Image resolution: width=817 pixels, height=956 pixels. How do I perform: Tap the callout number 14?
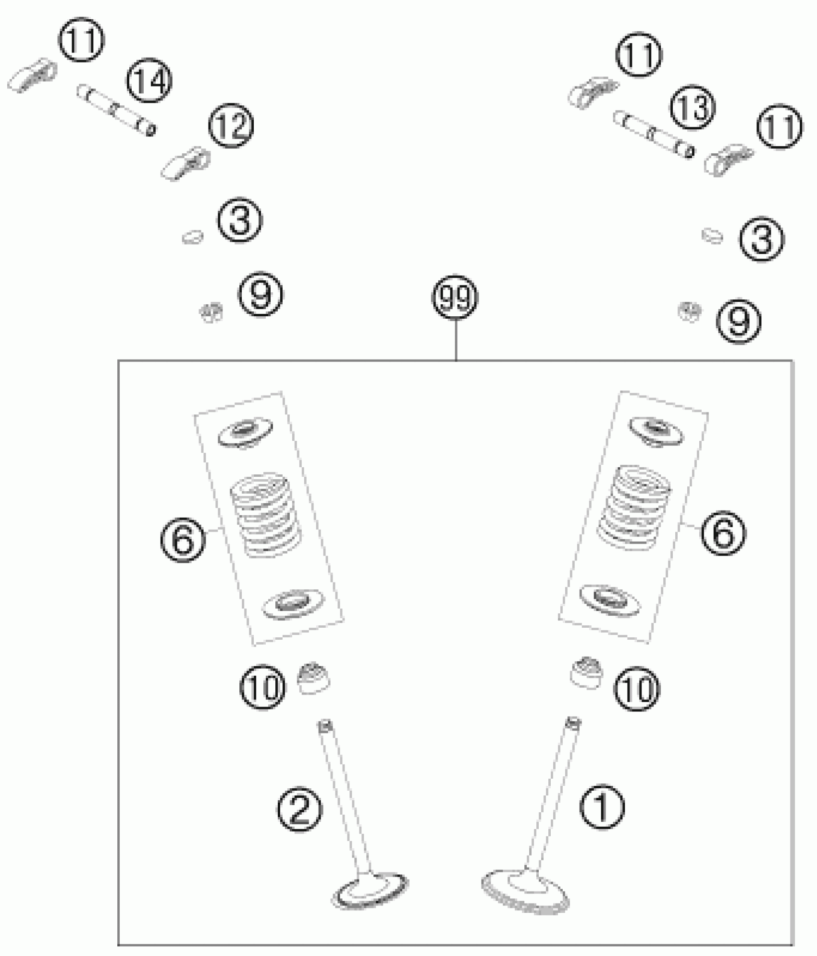coord(149,81)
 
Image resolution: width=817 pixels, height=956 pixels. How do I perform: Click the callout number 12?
coord(231,125)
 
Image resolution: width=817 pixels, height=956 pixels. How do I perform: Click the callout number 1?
coord(602,807)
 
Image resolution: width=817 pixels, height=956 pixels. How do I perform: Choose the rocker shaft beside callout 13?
coord(654,134)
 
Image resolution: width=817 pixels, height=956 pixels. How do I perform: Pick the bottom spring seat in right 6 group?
coord(609,598)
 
